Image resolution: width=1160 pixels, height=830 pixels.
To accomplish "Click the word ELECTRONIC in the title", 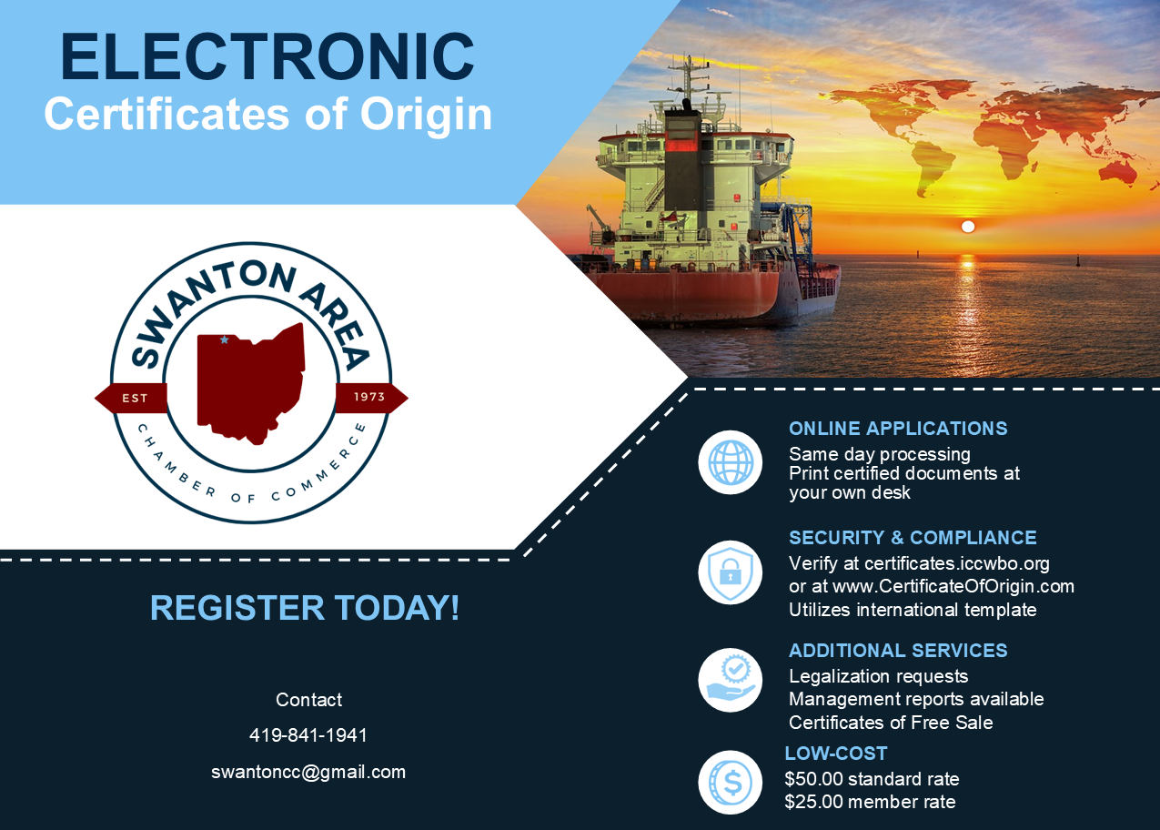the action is pyautogui.click(x=267, y=57).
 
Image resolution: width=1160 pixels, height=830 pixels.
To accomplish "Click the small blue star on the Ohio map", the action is pyautogui.click(x=224, y=339).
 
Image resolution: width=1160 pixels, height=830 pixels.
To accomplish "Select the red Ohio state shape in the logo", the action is pyautogui.click(x=250, y=384).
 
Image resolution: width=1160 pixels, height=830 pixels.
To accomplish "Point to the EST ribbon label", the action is pyautogui.click(x=135, y=398).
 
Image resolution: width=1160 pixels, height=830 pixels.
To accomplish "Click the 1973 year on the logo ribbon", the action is pyautogui.click(x=369, y=397).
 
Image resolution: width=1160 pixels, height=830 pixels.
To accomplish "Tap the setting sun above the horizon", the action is pyautogui.click(x=968, y=227).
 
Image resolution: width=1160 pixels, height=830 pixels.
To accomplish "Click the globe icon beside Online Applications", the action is pyautogui.click(x=731, y=462).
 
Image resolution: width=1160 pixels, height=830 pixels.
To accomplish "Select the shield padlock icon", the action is pyautogui.click(x=731, y=572).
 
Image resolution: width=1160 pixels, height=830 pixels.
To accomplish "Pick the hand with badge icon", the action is pyautogui.click(x=731, y=680).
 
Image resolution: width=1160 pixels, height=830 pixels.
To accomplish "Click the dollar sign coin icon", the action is pyautogui.click(x=731, y=783).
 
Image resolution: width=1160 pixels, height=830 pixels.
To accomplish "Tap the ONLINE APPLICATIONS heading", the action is pyautogui.click(x=898, y=429).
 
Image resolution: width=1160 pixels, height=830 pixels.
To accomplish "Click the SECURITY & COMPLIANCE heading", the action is pyautogui.click(x=913, y=538).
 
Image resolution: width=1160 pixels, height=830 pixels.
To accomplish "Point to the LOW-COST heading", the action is pyautogui.click(x=836, y=754).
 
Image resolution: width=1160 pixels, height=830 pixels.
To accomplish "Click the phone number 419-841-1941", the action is pyautogui.click(x=308, y=735).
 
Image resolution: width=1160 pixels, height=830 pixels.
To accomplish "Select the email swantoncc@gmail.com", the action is pyautogui.click(x=308, y=772).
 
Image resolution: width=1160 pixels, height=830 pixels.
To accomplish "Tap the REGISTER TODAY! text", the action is pyautogui.click(x=305, y=608).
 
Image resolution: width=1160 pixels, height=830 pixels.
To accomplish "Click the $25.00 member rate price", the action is pyautogui.click(x=870, y=802).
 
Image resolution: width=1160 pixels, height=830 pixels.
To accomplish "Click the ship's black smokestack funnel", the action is pyautogui.click(x=682, y=156).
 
